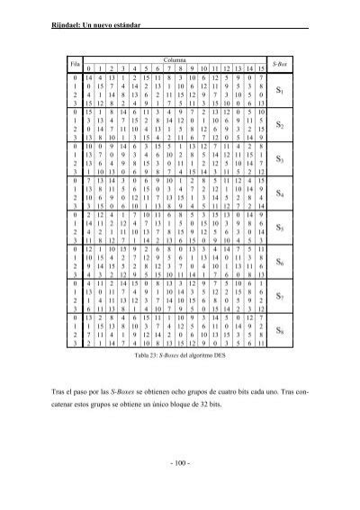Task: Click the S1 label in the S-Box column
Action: click(x=282, y=91)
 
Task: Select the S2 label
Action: click(x=282, y=126)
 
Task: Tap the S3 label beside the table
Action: click(x=282, y=160)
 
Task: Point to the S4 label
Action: click(x=282, y=194)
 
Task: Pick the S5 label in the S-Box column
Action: click(x=282, y=228)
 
